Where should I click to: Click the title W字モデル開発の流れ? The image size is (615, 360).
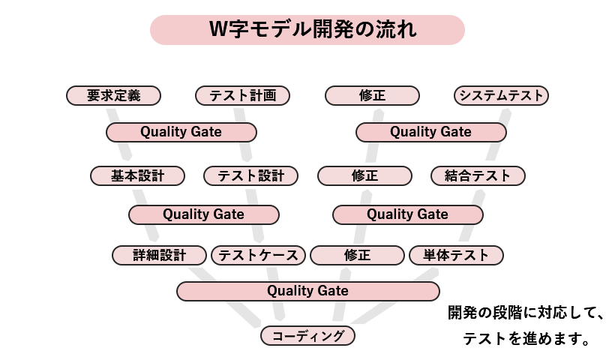307,30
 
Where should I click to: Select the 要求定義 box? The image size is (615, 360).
113,95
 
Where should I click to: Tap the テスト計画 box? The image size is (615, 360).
242,95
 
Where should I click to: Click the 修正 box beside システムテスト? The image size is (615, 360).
372,95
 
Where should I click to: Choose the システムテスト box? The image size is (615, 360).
502,95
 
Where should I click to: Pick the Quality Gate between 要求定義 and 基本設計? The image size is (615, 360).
181,132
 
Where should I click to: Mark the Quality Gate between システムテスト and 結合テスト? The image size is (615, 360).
430,132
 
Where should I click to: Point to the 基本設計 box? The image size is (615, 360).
137,175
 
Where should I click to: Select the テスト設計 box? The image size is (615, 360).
250,175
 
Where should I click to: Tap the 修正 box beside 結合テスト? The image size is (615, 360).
364,175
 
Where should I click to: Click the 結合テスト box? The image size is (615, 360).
478,175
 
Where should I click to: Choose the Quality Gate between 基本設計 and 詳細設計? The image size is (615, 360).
203,214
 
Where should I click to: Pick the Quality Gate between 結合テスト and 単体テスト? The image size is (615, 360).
407,214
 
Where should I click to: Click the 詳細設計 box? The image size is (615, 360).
159,255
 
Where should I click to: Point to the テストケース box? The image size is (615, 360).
259,255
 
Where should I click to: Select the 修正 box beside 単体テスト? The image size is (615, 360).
357,255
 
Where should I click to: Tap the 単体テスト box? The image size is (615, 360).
456,255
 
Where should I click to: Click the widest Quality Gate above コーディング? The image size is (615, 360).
307,290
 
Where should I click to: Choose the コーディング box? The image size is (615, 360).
307,335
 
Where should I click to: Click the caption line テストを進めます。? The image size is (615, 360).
524,338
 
